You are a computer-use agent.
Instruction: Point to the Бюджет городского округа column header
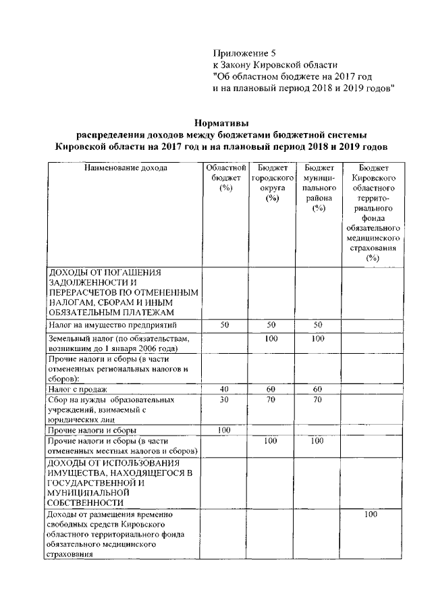point(272,182)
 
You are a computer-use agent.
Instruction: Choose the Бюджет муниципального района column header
point(319,188)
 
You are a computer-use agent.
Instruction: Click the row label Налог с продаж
point(74,389)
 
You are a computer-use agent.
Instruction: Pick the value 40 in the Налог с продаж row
point(226,389)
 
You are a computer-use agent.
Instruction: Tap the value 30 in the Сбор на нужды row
point(226,400)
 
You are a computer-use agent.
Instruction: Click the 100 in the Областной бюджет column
point(226,430)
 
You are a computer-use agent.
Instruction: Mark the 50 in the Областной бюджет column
point(226,325)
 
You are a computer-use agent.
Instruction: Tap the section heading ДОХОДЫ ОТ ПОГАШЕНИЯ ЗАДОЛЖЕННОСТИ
point(124,292)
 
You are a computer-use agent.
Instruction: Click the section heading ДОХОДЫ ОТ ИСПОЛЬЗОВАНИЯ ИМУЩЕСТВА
point(124,482)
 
